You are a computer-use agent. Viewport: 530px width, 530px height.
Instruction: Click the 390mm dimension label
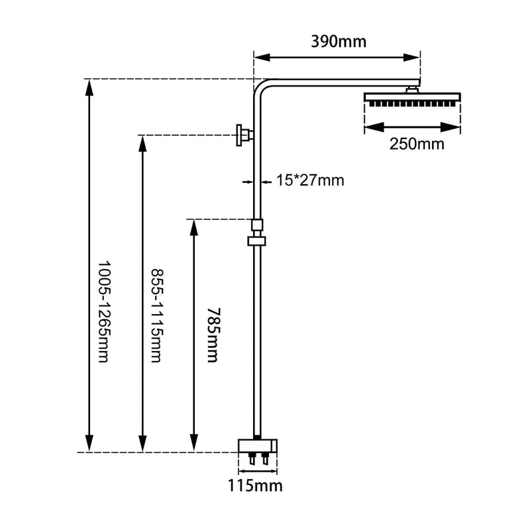click(339, 42)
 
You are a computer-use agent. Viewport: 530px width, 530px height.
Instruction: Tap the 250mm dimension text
click(416, 144)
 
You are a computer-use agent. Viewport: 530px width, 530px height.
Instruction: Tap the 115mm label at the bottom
click(256, 486)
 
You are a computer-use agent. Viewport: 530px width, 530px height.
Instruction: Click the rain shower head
click(412, 99)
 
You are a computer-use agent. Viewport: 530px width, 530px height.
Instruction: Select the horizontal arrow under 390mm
click(337, 57)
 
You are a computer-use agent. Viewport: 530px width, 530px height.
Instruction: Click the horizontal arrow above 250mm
click(412, 126)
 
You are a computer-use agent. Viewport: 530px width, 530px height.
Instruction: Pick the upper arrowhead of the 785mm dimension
click(193, 225)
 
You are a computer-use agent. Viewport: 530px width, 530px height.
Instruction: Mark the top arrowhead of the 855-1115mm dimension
click(142, 142)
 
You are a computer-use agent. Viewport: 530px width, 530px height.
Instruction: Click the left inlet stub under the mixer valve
click(251, 458)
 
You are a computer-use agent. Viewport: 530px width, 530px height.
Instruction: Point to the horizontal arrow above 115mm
click(256, 469)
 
